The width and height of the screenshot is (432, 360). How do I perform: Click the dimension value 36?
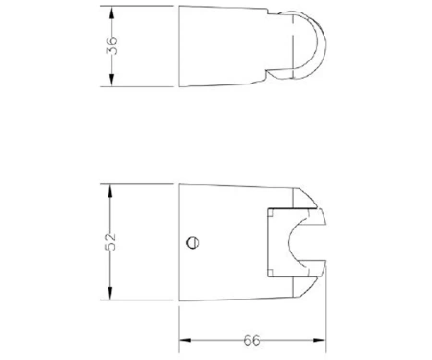111,46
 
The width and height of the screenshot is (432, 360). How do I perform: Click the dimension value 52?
110,242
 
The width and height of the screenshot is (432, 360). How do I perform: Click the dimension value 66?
252,340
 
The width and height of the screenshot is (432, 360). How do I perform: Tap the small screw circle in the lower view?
192,243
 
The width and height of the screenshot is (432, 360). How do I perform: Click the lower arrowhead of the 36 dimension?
111,80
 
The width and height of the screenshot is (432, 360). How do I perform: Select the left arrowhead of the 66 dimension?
184,340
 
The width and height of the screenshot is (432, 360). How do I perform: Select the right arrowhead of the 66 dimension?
320,340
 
